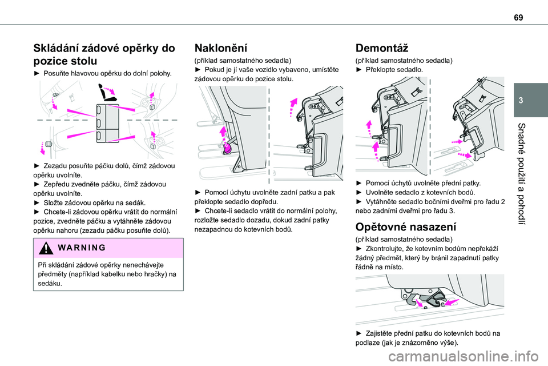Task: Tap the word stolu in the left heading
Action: click(71, 59)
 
